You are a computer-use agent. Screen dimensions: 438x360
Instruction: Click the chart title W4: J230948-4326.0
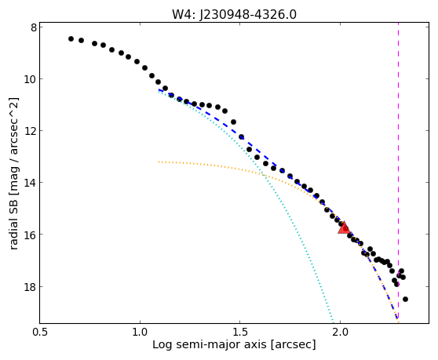coord(234,14)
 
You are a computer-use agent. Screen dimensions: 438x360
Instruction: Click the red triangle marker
coord(344,227)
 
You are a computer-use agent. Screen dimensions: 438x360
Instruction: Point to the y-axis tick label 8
coord(34,27)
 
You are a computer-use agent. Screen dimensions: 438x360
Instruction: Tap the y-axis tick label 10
coord(30,79)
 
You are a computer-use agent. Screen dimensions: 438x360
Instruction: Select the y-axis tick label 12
coord(30,131)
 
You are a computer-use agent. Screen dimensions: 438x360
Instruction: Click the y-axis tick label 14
coord(30,183)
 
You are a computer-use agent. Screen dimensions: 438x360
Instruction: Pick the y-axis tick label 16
coord(30,235)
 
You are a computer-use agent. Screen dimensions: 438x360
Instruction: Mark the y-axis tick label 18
coord(30,286)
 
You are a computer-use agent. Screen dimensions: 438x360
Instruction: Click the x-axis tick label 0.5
coord(40,333)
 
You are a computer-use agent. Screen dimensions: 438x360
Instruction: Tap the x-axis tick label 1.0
coord(140,333)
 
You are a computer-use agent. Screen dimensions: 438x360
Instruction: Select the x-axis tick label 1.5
coord(240,333)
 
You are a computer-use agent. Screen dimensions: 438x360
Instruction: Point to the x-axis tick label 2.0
coord(340,333)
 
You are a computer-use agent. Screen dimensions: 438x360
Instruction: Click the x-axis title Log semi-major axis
coord(210,345)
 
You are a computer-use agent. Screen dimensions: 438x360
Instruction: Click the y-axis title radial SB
coord(13,222)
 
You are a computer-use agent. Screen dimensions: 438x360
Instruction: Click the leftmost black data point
coord(71,38)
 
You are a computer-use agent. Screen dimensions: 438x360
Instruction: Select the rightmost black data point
coord(405,299)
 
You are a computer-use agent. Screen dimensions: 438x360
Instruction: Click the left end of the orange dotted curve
coord(159,162)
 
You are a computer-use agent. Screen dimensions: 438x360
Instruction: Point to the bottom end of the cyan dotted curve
coord(333,323)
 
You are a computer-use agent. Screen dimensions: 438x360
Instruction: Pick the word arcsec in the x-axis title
coord(291,345)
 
